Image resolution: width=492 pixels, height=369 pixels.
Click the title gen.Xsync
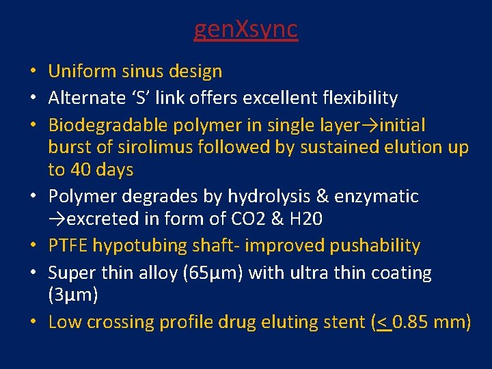tap(246, 29)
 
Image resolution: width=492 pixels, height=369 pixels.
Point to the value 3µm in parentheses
tap(73, 295)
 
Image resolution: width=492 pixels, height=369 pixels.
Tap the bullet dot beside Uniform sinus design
tap(33, 72)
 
